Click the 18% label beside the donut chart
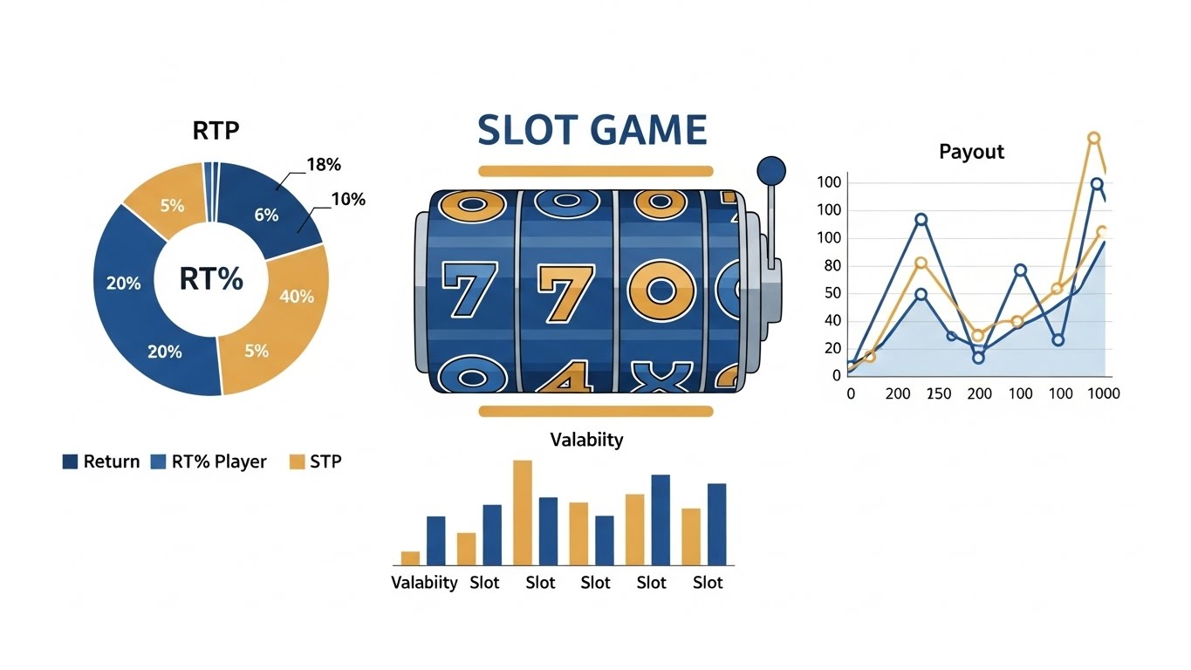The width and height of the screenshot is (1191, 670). (x=324, y=164)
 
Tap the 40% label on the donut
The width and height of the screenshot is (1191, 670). (x=297, y=297)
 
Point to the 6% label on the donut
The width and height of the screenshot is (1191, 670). (x=266, y=215)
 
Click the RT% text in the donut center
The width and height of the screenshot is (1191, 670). (x=210, y=279)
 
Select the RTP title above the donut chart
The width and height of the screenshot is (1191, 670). (x=216, y=131)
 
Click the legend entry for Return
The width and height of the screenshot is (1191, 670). (x=101, y=461)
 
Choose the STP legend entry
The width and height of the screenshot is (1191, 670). (x=315, y=461)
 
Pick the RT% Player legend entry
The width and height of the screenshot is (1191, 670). (x=209, y=461)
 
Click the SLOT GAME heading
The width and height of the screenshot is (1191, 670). (x=592, y=130)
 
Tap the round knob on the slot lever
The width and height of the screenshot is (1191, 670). (x=771, y=168)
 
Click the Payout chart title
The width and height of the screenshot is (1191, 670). (x=971, y=152)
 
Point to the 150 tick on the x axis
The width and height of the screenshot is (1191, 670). (x=939, y=393)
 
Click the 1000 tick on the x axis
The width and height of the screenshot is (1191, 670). (x=1099, y=393)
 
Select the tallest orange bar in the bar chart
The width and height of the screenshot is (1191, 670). (x=523, y=512)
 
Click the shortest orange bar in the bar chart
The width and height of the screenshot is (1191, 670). (x=410, y=558)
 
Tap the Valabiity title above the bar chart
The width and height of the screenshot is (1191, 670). (x=586, y=440)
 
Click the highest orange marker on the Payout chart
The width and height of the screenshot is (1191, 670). (x=1093, y=138)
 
